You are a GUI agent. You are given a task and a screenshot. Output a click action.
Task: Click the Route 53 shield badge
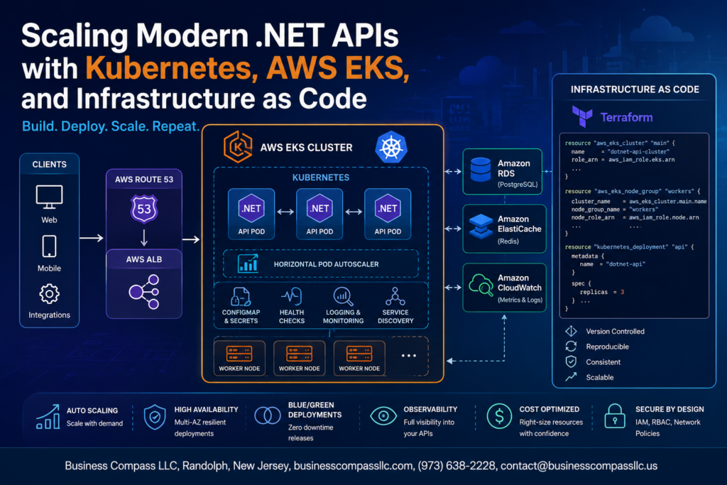point(143,209)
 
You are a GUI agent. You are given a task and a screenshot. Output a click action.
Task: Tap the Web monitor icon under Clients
point(49,197)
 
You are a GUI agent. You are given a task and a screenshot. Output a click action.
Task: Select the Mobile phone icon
point(49,246)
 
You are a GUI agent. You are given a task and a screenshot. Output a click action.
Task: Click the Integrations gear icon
point(49,293)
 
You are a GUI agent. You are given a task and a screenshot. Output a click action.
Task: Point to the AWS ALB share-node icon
point(143,292)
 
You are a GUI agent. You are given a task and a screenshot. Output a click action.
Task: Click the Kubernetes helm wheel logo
point(391,148)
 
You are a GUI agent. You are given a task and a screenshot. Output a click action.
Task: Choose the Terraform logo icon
point(582,116)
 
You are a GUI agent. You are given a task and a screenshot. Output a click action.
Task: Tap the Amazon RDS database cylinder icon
point(481,170)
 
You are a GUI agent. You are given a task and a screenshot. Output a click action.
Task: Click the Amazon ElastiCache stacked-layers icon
point(481,226)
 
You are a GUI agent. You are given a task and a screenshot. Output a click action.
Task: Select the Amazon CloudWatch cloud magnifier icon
point(481,285)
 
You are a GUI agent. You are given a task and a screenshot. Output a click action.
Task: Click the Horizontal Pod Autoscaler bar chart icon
point(248,263)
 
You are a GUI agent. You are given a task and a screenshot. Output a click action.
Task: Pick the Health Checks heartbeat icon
point(292,296)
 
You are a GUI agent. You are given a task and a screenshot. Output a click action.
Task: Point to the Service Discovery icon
point(395,296)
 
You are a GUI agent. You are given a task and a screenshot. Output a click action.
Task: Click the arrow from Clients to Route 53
point(92,238)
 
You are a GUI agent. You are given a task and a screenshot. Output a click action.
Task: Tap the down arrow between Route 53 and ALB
point(143,237)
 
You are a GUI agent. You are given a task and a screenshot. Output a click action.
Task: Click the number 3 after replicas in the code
point(622,292)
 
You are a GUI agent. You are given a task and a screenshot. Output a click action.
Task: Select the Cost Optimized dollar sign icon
point(499,415)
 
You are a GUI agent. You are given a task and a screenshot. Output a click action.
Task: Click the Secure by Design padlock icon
point(615,416)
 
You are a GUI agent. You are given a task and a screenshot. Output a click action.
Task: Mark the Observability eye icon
point(383,416)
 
